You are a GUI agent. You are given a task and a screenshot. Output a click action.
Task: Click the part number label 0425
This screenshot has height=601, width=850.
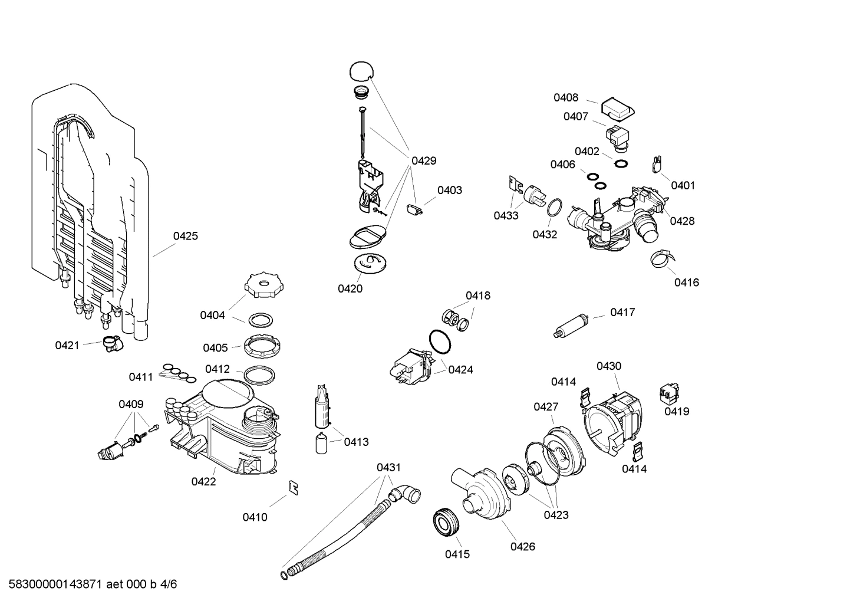185,236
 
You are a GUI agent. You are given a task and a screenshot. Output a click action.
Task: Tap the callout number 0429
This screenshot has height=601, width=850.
423,160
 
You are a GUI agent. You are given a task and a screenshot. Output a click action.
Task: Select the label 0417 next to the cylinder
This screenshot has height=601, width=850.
622,312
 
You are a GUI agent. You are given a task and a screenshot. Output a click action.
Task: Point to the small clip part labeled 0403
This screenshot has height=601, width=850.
415,209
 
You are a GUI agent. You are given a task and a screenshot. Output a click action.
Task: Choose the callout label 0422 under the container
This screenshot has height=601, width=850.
203,481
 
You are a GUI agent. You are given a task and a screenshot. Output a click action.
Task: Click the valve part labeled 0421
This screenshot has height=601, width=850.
110,343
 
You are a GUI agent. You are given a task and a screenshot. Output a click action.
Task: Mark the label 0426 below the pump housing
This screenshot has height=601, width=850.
522,546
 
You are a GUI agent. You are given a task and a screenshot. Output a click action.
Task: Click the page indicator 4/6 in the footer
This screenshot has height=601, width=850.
168,584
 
